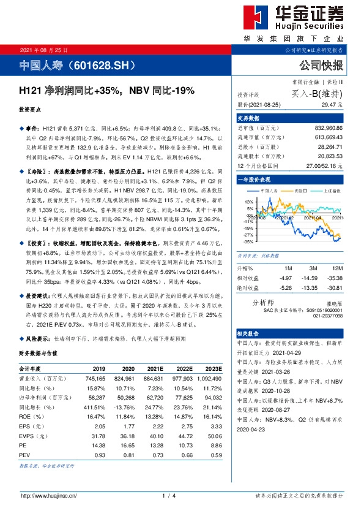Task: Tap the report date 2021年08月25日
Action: click(x=43, y=50)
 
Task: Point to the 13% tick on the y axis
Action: click(x=249, y=202)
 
